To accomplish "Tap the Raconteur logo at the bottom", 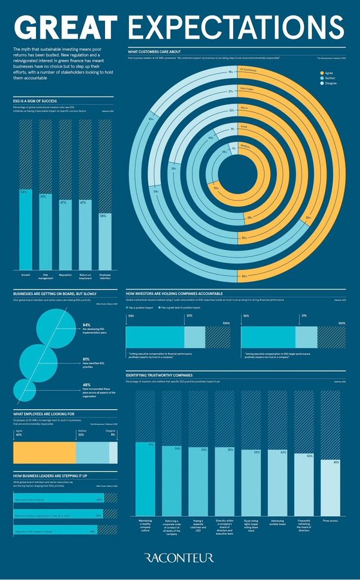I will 179,557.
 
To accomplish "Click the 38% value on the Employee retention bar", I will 103,216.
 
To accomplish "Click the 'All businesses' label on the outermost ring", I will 248,69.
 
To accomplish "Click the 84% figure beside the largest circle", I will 86,325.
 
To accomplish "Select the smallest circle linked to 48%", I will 24,389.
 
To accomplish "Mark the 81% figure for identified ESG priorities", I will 86,359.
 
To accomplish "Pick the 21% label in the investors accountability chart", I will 303,316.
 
